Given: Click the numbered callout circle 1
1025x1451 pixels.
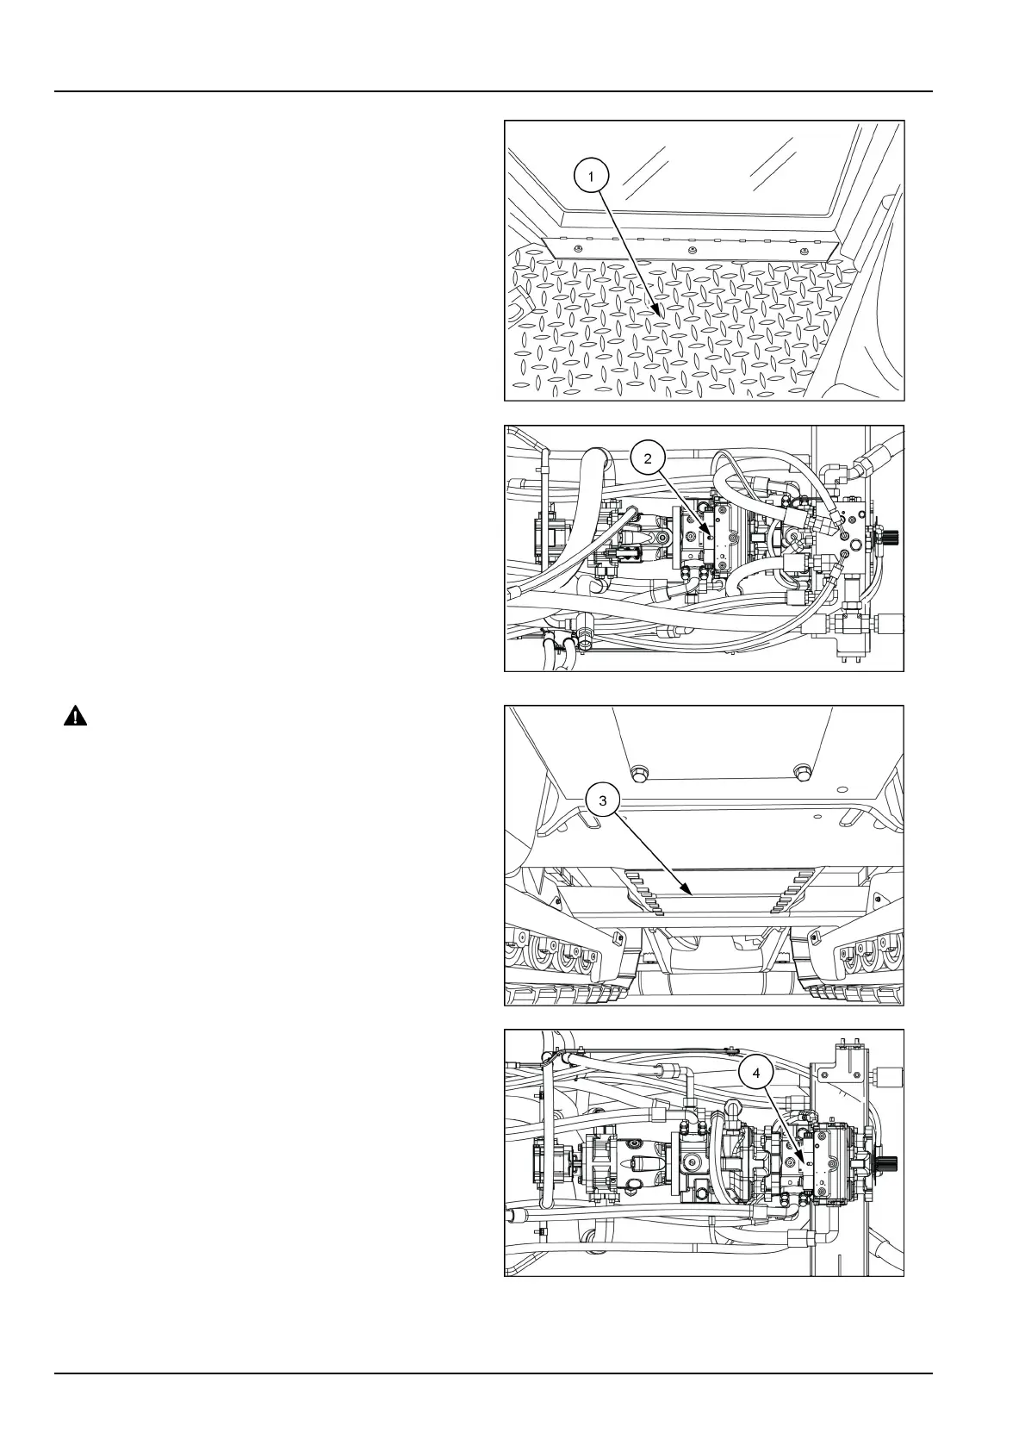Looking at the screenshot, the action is (590, 177).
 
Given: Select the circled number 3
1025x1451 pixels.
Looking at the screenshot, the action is (603, 801).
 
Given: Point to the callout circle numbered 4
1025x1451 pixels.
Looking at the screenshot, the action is (756, 1074).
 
